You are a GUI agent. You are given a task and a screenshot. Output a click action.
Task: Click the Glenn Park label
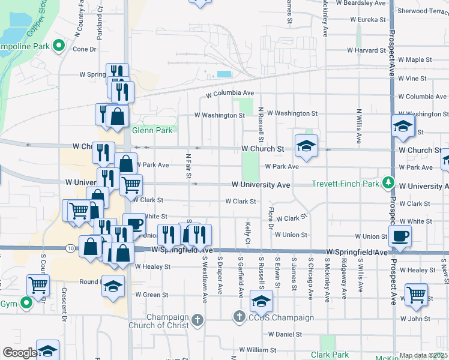coord(152,130)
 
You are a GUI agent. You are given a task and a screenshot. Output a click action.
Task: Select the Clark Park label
coord(327,355)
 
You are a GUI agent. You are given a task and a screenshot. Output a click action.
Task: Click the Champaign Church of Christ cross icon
coord(198,319)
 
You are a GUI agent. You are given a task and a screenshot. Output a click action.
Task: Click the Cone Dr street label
coord(85,49)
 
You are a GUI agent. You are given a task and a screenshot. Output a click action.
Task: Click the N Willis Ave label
coord(358,126)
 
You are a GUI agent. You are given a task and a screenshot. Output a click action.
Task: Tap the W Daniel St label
coord(285,334)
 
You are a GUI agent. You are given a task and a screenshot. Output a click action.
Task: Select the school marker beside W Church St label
coord(306,146)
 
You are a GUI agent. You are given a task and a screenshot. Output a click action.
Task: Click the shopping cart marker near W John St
coord(416,295)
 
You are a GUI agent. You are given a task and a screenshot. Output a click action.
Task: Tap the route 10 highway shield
coord(71,248)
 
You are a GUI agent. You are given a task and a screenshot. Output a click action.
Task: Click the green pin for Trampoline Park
coord(59,46)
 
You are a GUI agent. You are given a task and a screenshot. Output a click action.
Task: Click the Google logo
coord(20,353)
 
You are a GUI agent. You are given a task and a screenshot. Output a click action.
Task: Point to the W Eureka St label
coord(364,20)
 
